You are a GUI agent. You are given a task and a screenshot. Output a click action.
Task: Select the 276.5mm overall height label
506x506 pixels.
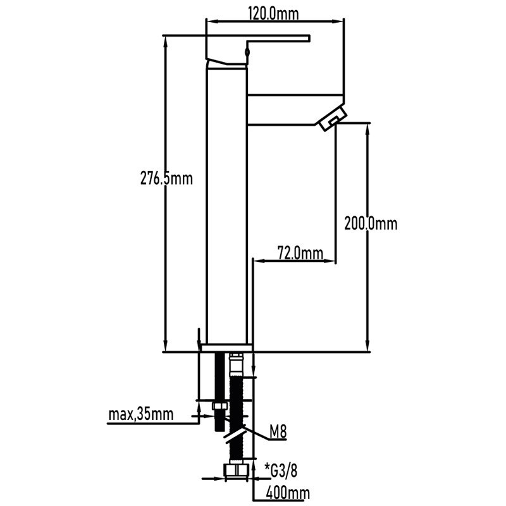click(x=166, y=179)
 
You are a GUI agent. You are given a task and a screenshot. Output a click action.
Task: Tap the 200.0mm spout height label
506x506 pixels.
click(x=370, y=223)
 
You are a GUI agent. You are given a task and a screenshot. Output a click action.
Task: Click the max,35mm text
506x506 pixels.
click(x=140, y=415)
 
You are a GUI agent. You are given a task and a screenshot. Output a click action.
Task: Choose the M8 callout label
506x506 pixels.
click(x=278, y=433)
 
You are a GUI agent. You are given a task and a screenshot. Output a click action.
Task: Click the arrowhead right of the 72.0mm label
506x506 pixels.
click(x=331, y=259)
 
